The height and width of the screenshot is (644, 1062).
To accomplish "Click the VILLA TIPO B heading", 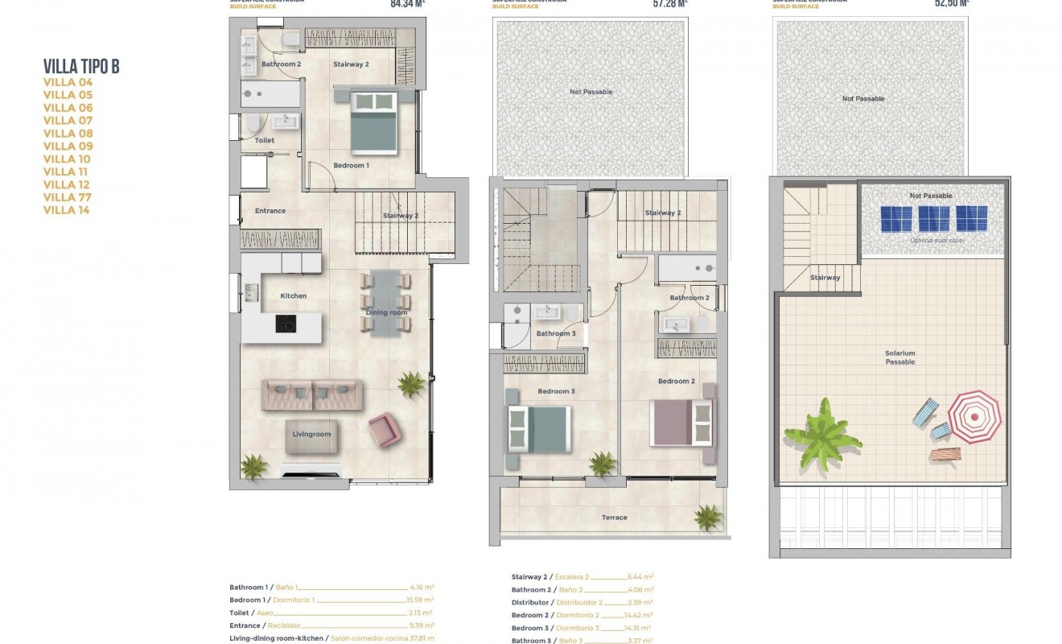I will point(81,67).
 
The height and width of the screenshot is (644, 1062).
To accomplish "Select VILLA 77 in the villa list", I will point(68,197).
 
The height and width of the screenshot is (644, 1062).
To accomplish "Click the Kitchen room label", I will point(294,296).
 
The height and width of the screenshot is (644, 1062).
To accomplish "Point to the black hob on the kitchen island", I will point(286,324).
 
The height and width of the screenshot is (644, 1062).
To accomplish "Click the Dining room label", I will point(387,312).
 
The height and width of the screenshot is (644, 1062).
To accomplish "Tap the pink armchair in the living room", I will point(383,431).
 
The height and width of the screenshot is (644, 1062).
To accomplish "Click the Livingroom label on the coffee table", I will point(311,435).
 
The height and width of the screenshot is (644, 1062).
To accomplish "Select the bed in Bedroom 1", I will point(375,122).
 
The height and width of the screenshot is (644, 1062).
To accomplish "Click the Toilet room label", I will point(265,140).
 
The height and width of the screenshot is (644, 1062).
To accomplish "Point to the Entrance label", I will point(270,211).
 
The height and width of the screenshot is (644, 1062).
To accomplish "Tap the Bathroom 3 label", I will point(556,333).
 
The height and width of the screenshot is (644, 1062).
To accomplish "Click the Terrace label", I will point(615,518).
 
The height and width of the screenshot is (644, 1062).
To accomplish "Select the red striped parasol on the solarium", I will point(973,416).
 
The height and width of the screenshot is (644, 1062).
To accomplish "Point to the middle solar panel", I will point(934,218).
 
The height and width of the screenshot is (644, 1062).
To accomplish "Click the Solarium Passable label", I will point(900,357).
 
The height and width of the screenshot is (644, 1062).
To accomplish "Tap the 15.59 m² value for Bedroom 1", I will point(420,600).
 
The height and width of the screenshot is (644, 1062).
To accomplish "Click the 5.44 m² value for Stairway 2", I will point(640,577).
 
